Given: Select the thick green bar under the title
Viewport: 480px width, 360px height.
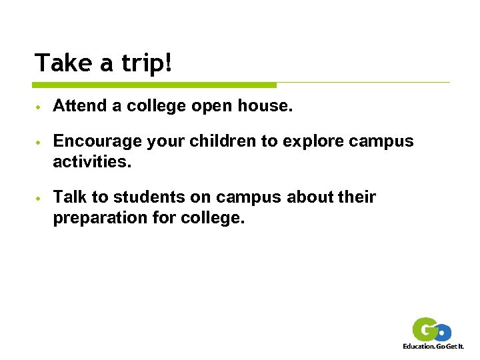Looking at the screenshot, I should click(x=154, y=85).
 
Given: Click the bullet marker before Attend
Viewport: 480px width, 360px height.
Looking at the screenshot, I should click(x=39, y=107).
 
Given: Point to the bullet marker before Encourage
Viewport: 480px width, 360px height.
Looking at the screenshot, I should click(x=39, y=143).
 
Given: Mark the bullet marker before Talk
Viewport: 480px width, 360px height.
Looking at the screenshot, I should click(x=39, y=199).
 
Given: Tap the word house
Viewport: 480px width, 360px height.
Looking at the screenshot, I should click(x=265, y=105).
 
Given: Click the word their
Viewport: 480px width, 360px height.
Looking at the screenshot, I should click(x=357, y=197).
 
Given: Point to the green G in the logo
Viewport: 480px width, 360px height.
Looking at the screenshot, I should click(x=424, y=329).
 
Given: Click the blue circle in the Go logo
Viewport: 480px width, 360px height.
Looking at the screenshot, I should click(x=443, y=332).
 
